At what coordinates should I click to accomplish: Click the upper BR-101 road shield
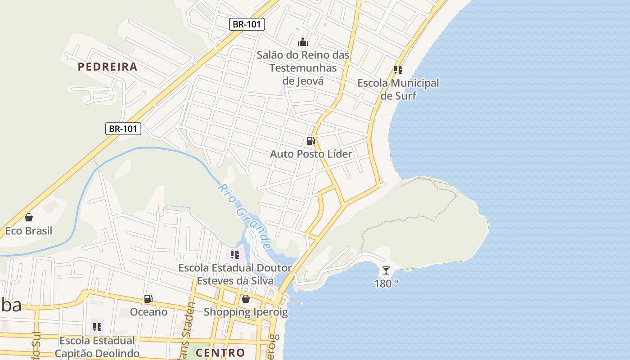click(247, 24)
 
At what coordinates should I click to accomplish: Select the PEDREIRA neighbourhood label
click(108, 67)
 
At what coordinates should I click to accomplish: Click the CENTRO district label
click(220, 352)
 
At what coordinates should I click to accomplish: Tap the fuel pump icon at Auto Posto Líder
click(310, 141)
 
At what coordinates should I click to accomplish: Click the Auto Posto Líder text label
click(311, 154)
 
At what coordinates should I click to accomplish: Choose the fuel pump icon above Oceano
click(148, 298)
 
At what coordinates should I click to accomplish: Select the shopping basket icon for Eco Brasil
click(29, 218)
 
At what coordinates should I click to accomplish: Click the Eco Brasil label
click(29, 231)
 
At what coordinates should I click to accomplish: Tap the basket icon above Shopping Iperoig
click(246, 298)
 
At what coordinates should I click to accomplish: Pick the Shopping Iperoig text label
click(246, 312)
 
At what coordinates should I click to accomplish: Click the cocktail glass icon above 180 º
click(386, 270)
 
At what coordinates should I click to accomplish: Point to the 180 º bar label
click(386, 283)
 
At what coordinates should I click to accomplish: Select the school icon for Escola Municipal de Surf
click(398, 70)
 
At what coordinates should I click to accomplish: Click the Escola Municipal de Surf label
click(398, 89)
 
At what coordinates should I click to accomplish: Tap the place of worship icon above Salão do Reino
click(303, 42)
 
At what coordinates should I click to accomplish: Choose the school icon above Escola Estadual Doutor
click(235, 255)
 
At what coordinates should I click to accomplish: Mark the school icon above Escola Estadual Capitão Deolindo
click(97, 327)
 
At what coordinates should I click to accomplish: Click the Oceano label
click(148, 312)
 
